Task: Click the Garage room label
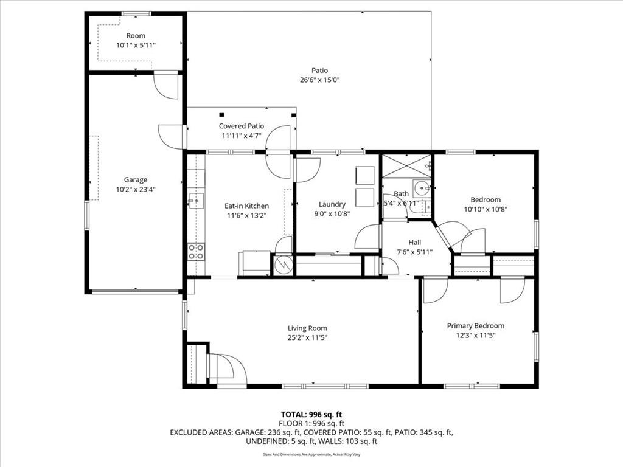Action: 136,180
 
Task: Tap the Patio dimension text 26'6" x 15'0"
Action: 319,80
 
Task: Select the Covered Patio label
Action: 241,126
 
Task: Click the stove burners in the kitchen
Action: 196,252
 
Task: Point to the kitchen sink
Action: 196,201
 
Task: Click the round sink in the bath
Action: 421,187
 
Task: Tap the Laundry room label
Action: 332,204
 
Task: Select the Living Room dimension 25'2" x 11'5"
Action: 307,338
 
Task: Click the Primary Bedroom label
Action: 476,326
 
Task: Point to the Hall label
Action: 415,242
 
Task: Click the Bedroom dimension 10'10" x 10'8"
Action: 486,209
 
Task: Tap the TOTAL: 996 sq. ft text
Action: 311,415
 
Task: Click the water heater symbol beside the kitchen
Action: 284,264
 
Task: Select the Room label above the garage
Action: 136,36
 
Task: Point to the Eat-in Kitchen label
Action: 247,206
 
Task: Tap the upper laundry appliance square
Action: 365,175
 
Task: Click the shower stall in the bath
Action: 406,165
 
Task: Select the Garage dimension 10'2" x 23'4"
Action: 136,190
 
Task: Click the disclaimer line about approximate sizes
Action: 311,454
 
